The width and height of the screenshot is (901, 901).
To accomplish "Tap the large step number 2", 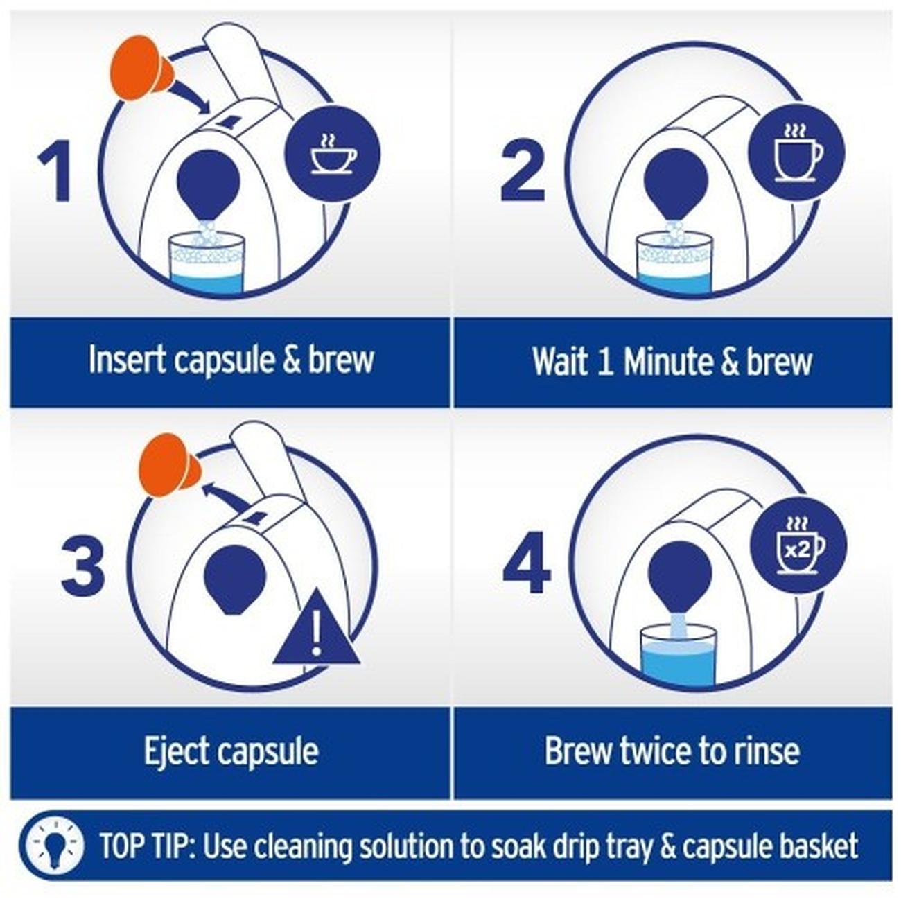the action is pyautogui.click(x=523, y=171).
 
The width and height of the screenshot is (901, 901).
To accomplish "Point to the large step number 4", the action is pyautogui.click(x=527, y=563).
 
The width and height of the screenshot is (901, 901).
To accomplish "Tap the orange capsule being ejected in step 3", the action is pyautogui.click(x=168, y=465).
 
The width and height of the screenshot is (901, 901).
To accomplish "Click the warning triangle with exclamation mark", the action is pyautogui.click(x=317, y=629).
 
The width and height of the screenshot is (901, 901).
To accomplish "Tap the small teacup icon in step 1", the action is pyautogui.click(x=333, y=155).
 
